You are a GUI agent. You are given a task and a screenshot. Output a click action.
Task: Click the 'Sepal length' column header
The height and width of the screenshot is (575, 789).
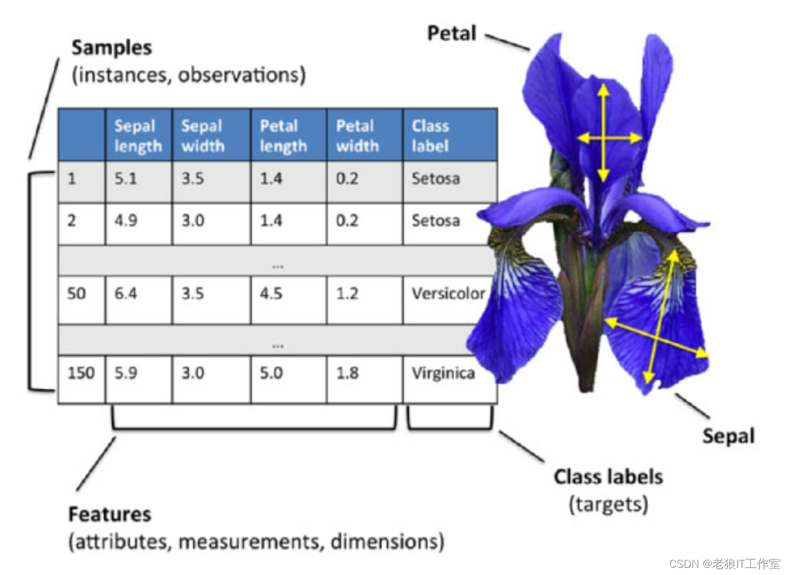pyautogui.click(x=138, y=136)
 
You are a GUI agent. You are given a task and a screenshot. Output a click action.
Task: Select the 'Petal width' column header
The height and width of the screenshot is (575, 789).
pyautogui.click(x=358, y=136)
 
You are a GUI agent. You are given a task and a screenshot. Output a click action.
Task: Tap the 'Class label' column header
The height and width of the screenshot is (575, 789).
pyautogui.click(x=430, y=136)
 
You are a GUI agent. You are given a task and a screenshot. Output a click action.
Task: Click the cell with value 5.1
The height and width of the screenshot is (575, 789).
pyautogui.click(x=126, y=179)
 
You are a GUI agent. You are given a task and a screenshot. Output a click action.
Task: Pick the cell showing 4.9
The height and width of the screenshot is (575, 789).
pyautogui.click(x=126, y=221)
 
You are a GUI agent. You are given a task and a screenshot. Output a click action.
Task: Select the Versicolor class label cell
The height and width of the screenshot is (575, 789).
pyautogui.click(x=448, y=293)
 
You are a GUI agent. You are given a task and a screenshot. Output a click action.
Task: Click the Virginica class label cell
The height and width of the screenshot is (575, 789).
pyautogui.click(x=443, y=373)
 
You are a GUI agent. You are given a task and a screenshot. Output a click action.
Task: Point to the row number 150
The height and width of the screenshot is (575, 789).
pyautogui.click(x=81, y=373)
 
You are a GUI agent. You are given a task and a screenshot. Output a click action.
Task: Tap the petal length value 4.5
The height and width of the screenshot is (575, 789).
pyautogui.click(x=271, y=293)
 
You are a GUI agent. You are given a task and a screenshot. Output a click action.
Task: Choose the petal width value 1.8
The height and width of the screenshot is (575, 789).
pyautogui.click(x=347, y=373)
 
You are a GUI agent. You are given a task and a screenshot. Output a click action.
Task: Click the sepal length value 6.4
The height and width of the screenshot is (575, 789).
pyautogui.click(x=126, y=293)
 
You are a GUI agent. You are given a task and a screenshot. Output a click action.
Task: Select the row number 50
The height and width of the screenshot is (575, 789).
pyautogui.click(x=76, y=293)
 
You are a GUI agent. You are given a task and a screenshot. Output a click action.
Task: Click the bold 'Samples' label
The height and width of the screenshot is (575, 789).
pyautogui.click(x=111, y=48)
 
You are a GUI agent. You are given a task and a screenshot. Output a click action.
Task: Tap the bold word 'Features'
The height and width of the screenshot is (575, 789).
pyautogui.click(x=110, y=514)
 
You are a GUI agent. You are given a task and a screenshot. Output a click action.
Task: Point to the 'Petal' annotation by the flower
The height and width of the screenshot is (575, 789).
pyautogui.click(x=452, y=33)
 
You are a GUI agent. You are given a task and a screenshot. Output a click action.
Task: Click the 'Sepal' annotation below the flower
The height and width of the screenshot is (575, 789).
pyautogui.click(x=728, y=436)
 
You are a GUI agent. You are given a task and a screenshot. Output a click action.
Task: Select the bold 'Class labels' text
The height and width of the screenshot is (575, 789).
pyautogui.click(x=608, y=477)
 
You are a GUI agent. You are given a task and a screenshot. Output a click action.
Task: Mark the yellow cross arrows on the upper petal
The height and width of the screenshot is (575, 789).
pyautogui.click(x=604, y=137)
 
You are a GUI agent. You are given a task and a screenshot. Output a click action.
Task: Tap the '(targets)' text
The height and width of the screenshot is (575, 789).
pyautogui.click(x=608, y=504)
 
